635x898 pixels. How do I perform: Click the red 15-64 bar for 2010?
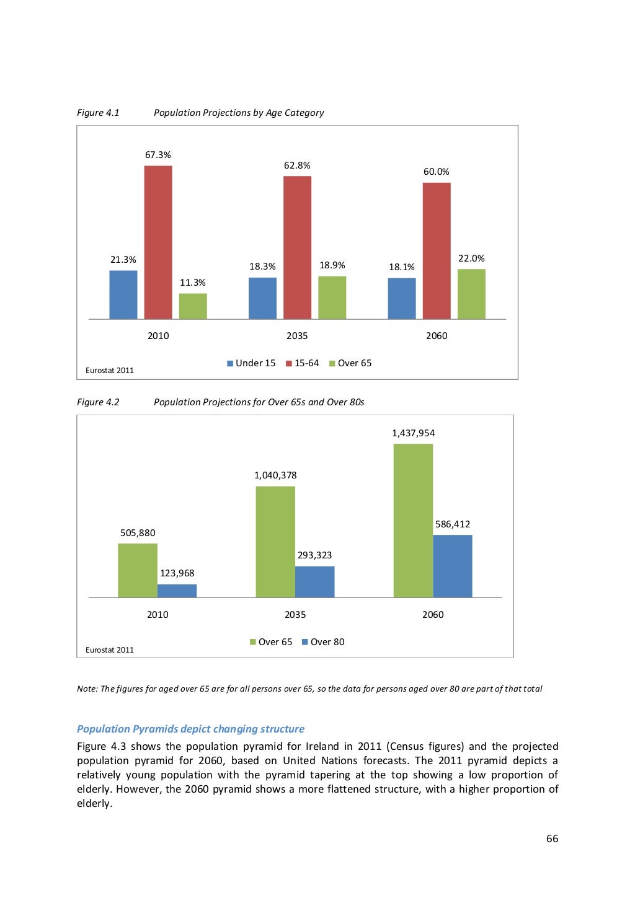(x=158, y=242)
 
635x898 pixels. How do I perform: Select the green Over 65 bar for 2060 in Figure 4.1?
(x=471, y=294)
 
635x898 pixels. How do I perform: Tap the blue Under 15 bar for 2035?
(x=262, y=298)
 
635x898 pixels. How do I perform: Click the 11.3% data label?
(x=192, y=283)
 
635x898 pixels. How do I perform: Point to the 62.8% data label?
(x=297, y=165)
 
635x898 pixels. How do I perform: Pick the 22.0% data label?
(x=471, y=258)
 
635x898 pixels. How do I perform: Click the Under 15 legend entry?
(x=251, y=363)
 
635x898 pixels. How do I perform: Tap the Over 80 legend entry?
(x=322, y=642)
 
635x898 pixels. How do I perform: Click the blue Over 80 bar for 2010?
(x=177, y=591)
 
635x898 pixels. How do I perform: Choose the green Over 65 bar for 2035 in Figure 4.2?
(x=275, y=542)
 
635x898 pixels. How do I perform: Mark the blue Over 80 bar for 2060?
(x=452, y=566)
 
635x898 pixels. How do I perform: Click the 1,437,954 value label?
(x=413, y=433)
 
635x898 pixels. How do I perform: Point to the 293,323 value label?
(x=314, y=555)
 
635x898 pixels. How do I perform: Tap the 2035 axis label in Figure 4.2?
(x=295, y=615)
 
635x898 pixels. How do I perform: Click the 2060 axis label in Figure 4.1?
(x=437, y=336)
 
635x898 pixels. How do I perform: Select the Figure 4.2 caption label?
(x=98, y=402)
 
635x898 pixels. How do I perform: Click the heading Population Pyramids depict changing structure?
(x=190, y=729)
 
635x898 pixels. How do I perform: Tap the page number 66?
(x=552, y=839)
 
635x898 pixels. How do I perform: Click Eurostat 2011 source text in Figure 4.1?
(x=110, y=371)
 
